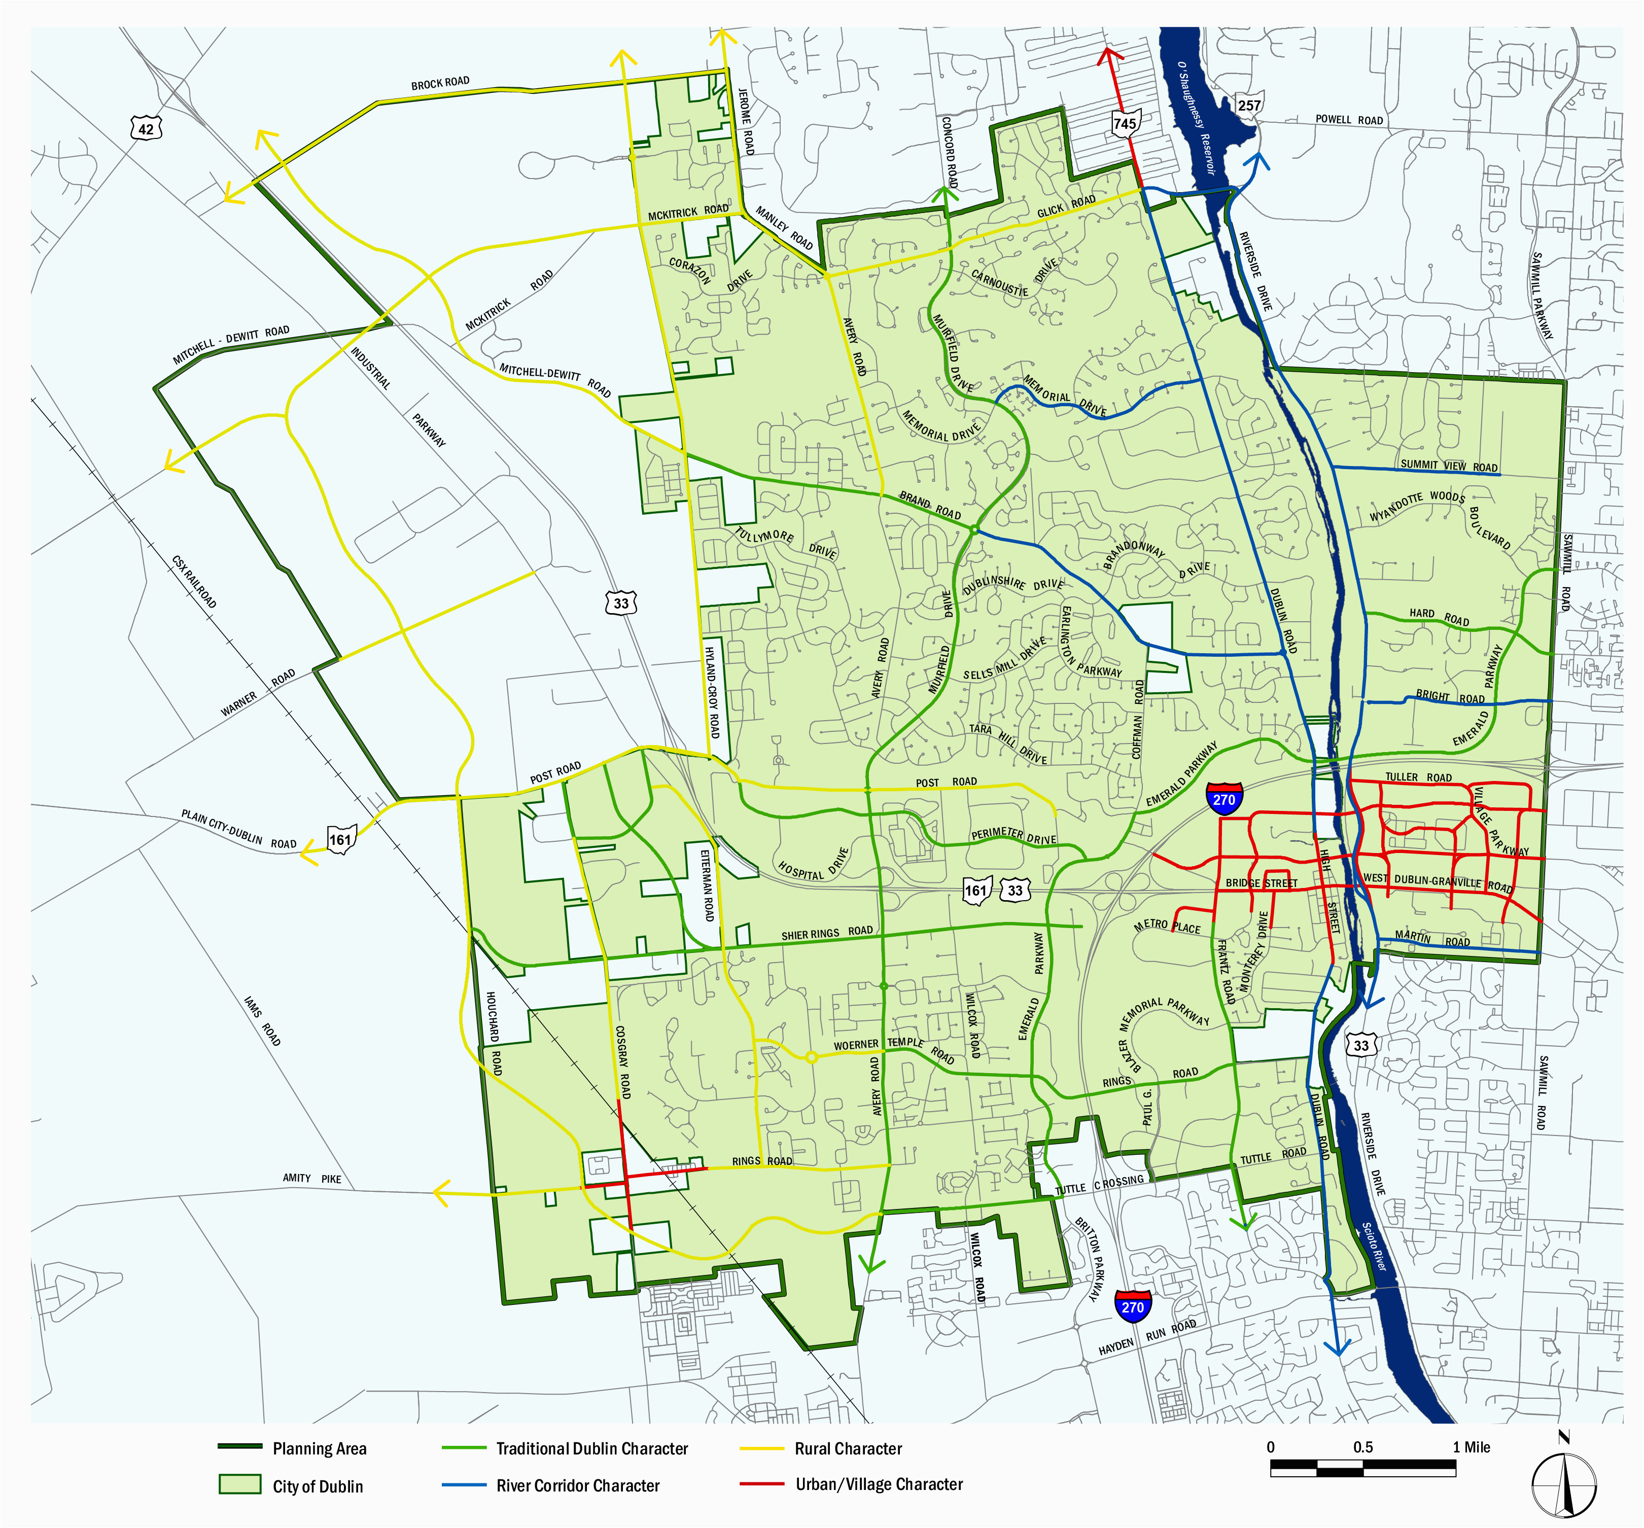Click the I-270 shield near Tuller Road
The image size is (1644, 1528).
click(1224, 799)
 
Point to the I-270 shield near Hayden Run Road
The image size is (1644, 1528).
click(1132, 1306)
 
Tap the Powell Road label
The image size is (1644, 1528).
click(1349, 120)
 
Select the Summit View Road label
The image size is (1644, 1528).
click(1449, 466)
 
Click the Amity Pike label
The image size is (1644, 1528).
click(312, 1178)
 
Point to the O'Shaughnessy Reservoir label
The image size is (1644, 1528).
click(1196, 116)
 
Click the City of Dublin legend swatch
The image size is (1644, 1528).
click(240, 1485)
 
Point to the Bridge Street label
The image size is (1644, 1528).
click(1261, 883)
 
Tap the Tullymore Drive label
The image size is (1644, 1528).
click(786, 543)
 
